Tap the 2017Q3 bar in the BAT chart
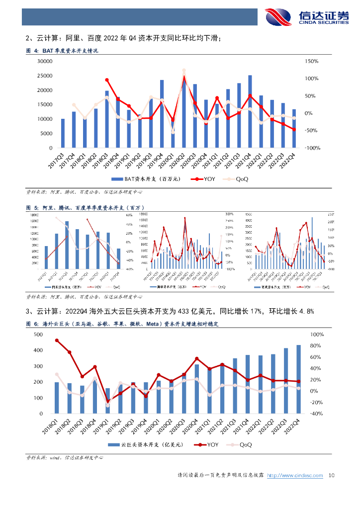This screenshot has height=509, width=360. [63, 133]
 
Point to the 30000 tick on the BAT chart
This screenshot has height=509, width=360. [46, 61]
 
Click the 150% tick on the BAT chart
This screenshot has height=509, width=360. [312, 61]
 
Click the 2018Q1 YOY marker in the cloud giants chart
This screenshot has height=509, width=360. [57, 340]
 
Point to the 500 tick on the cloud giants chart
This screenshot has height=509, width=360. [38, 335]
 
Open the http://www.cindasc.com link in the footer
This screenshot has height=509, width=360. [295, 476]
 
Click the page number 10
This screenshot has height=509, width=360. [333, 476]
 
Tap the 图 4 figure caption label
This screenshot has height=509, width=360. [32, 51]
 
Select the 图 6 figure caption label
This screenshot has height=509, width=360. [32, 324]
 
